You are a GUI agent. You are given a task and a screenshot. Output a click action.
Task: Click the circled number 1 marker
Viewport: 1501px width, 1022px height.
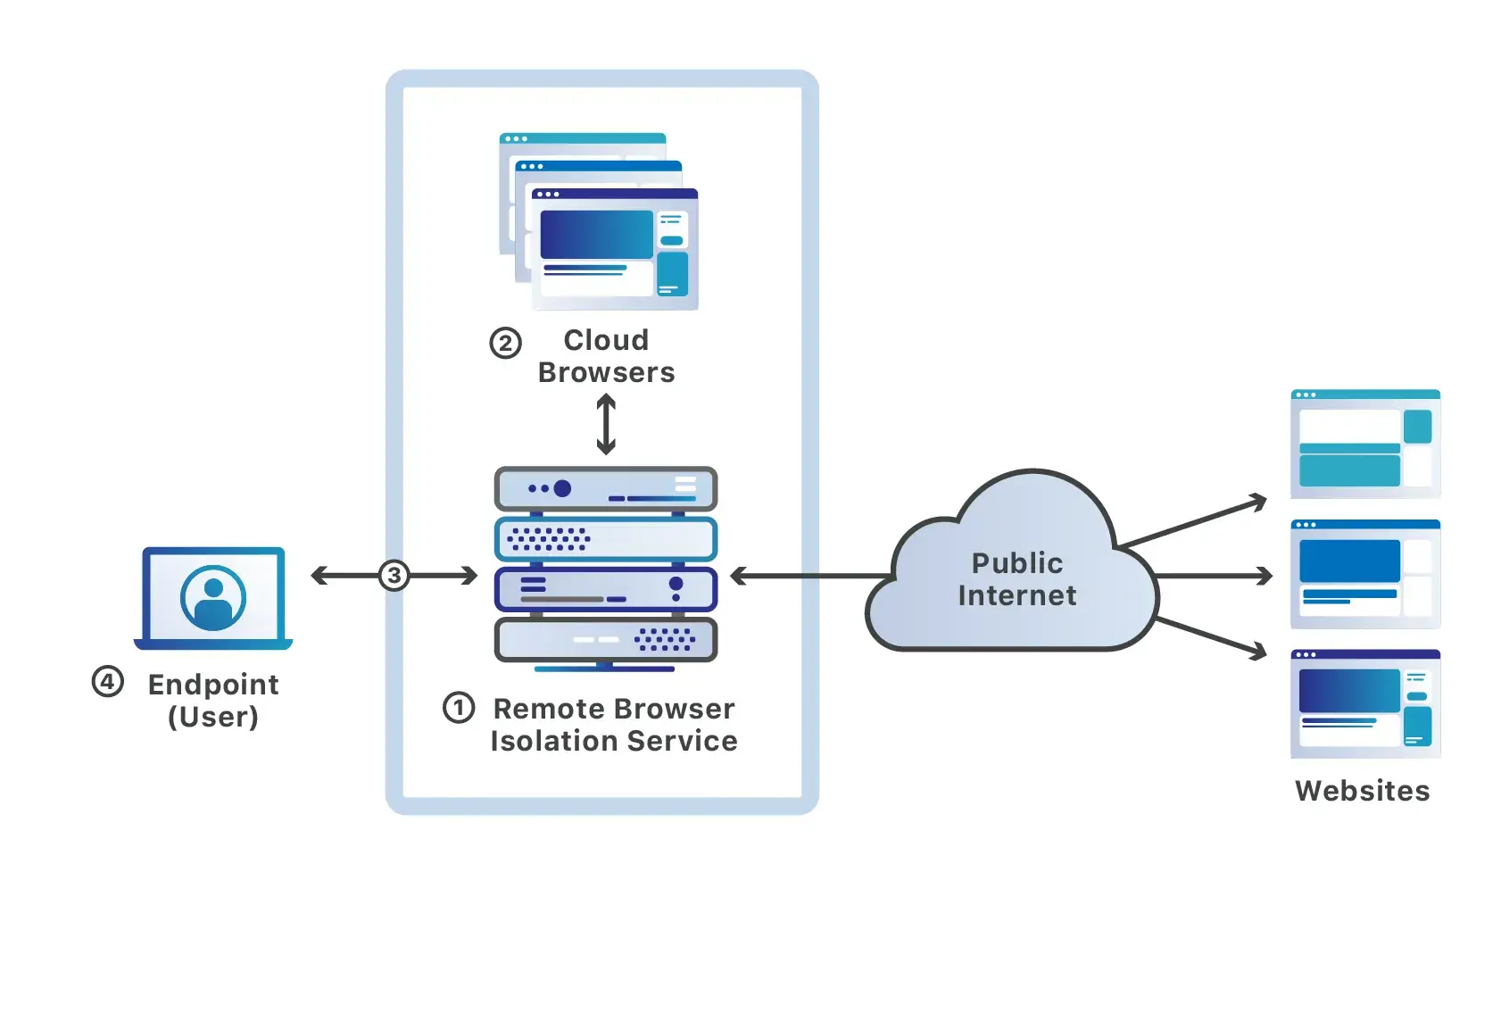[x=459, y=708]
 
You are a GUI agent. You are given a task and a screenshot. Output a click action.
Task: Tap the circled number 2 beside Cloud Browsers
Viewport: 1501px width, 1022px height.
[x=505, y=343]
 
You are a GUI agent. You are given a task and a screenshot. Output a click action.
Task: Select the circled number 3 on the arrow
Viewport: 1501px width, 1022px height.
[x=394, y=576]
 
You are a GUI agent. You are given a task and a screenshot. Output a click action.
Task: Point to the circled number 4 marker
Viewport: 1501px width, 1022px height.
[x=108, y=682]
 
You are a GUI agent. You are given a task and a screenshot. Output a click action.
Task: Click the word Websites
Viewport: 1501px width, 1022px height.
[x=1362, y=791]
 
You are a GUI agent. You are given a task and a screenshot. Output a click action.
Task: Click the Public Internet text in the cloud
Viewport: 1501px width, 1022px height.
[x=1016, y=579]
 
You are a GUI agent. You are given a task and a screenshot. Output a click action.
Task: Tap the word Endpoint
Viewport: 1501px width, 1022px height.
[x=213, y=685]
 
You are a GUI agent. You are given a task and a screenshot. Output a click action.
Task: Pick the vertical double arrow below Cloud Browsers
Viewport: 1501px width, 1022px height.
[x=606, y=425]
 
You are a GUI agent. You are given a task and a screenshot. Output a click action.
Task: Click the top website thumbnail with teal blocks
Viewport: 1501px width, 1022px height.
[x=1364, y=444]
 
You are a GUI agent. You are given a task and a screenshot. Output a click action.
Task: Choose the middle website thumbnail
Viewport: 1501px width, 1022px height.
[x=1364, y=575]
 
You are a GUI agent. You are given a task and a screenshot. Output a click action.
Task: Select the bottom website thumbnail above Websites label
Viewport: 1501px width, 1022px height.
[x=1364, y=704]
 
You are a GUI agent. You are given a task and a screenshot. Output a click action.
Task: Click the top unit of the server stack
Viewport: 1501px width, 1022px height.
[x=606, y=489]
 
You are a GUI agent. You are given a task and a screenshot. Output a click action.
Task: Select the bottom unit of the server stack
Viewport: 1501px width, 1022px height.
[x=606, y=639]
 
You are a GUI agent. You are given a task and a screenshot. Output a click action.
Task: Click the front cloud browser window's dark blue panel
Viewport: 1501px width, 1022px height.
[x=596, y=234]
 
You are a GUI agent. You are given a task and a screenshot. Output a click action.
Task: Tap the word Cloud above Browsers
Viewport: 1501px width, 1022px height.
[x=606, y=340]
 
